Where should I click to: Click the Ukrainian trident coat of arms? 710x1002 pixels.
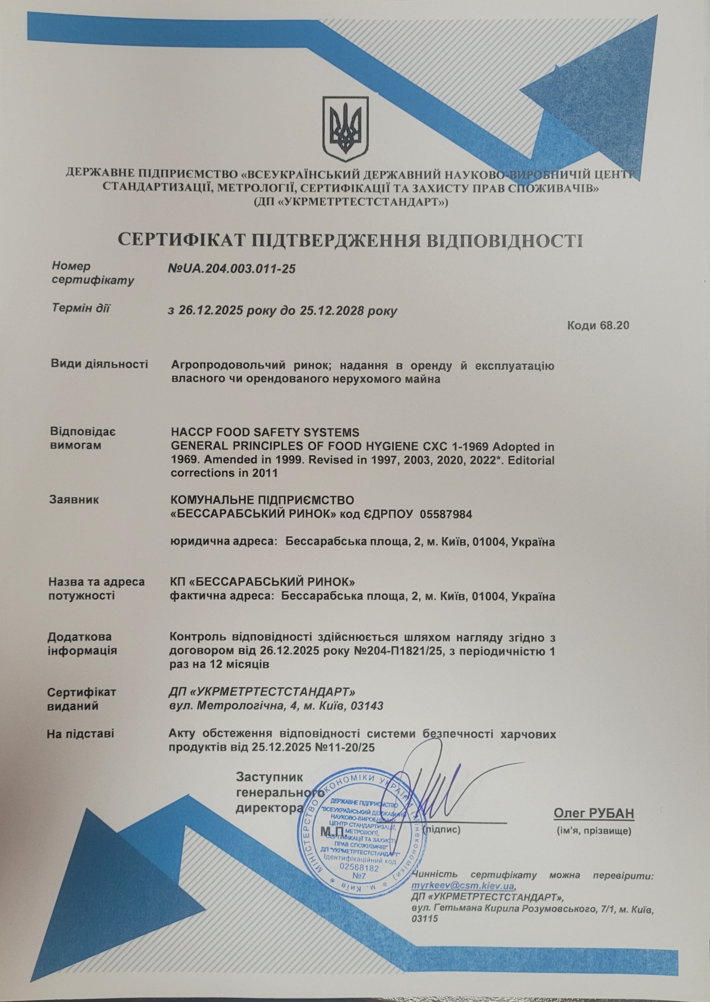345,130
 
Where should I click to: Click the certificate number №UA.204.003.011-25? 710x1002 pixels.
232,269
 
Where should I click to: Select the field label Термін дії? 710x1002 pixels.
81,309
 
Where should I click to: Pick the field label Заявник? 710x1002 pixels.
74,500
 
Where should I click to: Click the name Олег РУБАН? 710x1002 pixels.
593,813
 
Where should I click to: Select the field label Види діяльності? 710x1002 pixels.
99,364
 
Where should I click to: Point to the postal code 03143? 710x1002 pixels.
367,705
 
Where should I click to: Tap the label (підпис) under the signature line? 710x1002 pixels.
441,830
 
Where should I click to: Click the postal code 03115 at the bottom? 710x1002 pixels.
424,919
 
